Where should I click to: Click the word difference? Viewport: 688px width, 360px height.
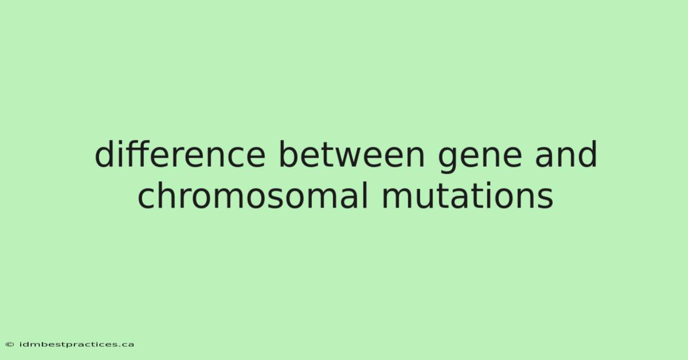[x=180, y=154]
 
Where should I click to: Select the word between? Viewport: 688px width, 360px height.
[x=352, y=154]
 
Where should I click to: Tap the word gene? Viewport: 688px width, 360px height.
[x=480, y=158]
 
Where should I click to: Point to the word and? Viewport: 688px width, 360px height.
[x=566, y=154]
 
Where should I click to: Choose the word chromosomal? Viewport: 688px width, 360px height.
[x=253, y=195]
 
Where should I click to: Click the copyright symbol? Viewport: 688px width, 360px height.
[x=10, y=345]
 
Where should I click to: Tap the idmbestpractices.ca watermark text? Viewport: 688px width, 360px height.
[x=77, y=345]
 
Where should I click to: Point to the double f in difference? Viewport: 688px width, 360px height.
[x=139, y=154]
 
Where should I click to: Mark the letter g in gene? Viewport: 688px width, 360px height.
[x=448, y=160]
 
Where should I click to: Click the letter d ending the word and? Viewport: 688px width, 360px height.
[x=588, y=154]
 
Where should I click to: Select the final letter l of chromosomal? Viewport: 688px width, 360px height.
[x=365, y=195]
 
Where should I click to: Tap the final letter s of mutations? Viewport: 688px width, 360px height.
[x=545, y=198]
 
